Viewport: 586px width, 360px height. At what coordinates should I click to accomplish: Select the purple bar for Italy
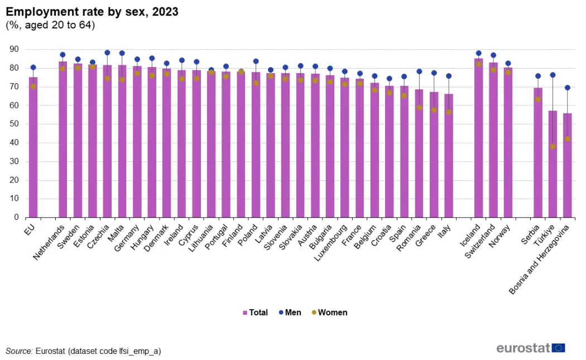pos(449,156)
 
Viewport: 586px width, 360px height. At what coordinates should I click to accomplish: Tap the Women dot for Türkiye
pos(553,147)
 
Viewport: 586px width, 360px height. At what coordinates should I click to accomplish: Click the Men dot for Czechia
pos(107,52)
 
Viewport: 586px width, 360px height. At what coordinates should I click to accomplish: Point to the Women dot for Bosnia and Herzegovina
pos(568,139)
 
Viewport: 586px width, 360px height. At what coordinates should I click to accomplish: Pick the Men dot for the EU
pos(33,68)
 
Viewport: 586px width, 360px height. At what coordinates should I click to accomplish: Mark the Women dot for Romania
pos(419,108)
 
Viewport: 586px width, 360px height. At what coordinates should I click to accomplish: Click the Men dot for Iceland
pos(479,53)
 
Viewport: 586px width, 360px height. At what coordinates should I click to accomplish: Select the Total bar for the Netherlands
pos(63,140)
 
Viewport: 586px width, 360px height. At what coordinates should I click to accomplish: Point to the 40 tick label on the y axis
pos(14,142)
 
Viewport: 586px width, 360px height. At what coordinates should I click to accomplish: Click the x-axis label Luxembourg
pos(330,243)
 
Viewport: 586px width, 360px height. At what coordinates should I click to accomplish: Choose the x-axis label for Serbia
pos(530,234)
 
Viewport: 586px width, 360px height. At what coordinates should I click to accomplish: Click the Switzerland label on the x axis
pos(480,241)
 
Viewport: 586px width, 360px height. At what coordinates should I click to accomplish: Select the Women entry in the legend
pos(330,313)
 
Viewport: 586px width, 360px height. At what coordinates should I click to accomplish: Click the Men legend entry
pos(290,313)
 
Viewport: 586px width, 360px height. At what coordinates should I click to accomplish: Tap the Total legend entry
pos(255,313)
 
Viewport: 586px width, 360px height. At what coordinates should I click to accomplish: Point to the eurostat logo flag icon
pos(558,348)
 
